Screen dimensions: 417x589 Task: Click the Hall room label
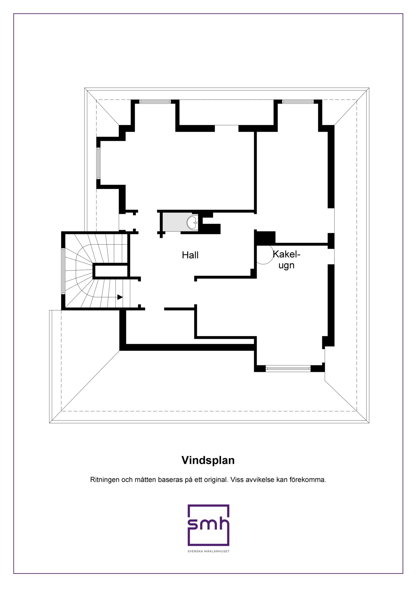190,255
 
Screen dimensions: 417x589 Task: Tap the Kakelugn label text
286,259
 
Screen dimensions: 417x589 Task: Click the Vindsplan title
208,460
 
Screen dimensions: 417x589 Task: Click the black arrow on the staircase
120,297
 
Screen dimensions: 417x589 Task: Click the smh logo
208,525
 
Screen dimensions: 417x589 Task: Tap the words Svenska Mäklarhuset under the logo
208,551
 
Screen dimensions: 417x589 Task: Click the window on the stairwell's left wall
63,271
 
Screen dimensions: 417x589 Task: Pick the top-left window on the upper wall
155,102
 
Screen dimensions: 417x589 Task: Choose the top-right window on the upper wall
298,102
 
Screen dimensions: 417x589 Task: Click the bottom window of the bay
288,369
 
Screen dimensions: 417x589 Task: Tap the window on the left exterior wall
98,163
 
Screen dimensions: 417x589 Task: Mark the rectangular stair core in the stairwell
110,271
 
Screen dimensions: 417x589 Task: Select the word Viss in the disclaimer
236,480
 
